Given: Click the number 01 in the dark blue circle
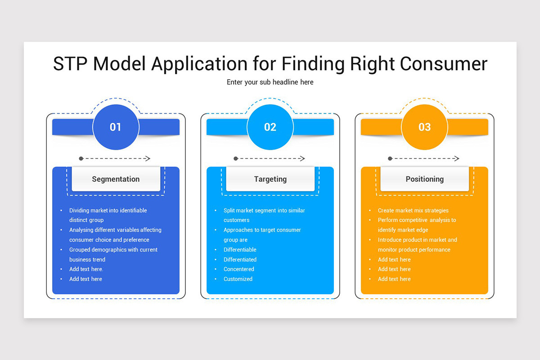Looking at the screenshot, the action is (x=115, y=127).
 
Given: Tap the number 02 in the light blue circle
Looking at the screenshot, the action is (x=270, y=127).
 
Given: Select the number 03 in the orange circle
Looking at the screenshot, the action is (x=424, y=127).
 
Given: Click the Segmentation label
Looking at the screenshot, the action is (x=116, y=179).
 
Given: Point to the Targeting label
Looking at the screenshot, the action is (x=270, y=179).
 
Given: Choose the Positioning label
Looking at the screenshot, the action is (x=424, y=179).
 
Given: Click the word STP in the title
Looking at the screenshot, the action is (x=70, y=63).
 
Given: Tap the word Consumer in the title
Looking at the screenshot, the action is (x=444, y=63).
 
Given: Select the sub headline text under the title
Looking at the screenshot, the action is (x=270, y=82).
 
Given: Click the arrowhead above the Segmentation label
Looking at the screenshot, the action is (x=148, y=158).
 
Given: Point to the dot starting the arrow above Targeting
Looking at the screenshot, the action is (x=236, y=158).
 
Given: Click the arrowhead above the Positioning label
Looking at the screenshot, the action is (x=456, y=158).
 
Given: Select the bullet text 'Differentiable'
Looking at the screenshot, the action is (x=240, y=250).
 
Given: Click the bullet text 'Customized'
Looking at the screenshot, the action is (x=238, y=279).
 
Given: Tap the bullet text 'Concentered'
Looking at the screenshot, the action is (x=238, y=269).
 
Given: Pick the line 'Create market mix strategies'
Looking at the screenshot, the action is (x=413, y=211).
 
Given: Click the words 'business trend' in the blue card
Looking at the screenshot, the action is (x=87, y=260).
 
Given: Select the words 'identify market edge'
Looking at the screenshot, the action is (x=403, y=230).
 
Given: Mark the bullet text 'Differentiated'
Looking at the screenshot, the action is (x=240, y=260).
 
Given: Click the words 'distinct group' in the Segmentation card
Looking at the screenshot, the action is (x=86, y=220).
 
